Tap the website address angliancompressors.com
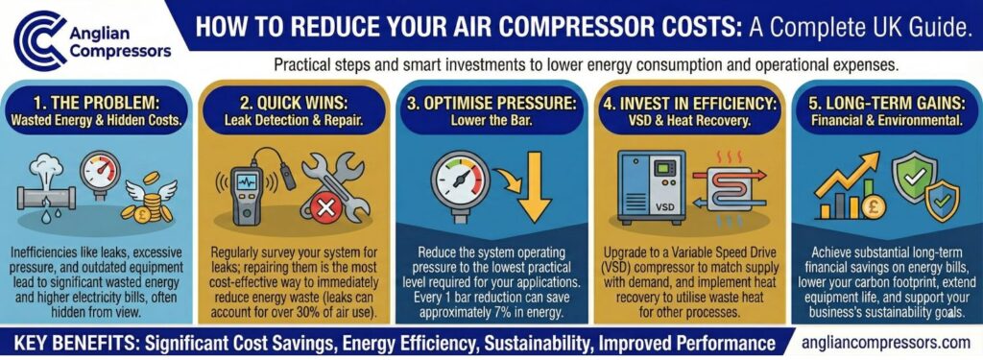883,343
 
